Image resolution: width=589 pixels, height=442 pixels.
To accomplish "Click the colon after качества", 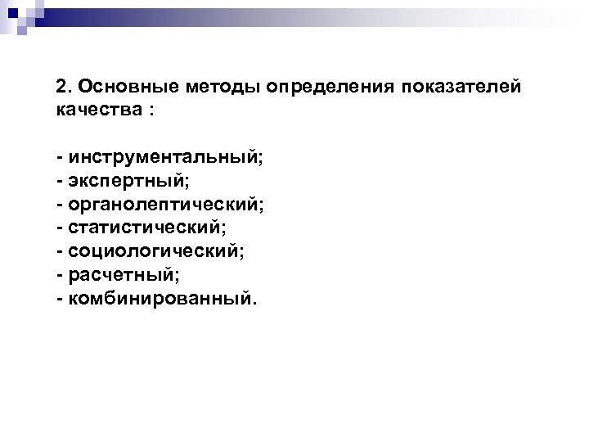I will [x=151, y=110].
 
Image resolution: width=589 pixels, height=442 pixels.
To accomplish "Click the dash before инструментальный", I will [x=60, y=158].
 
